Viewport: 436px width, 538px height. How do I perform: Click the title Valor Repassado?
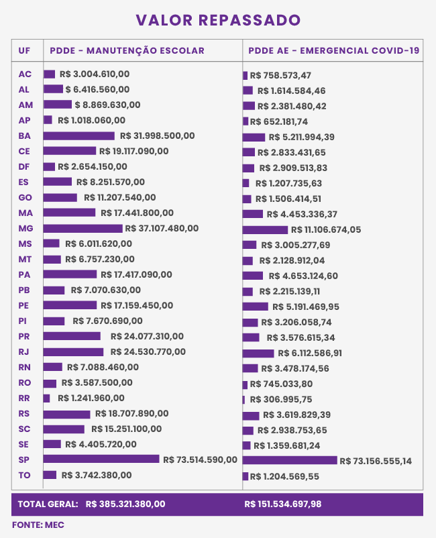[218, 20]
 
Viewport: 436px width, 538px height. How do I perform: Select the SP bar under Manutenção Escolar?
[101, 460]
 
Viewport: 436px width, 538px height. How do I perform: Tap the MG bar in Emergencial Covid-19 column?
[265, 229]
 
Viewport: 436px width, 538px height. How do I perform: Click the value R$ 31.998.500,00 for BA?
[157, 136]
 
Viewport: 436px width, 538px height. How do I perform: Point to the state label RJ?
[24, 352]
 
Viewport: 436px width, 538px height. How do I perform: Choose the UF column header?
[24, 50]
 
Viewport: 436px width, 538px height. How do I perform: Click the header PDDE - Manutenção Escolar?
[127, 50]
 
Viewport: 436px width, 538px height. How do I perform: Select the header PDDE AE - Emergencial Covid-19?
[333, 50]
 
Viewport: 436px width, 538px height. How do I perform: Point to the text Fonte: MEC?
[38, 525]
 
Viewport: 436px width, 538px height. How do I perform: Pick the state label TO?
[24, 475]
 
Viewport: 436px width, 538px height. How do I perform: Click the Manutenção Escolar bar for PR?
[72, 336]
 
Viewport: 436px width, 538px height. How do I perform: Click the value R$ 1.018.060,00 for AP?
[92, 120]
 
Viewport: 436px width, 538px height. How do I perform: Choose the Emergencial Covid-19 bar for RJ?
[258, 353]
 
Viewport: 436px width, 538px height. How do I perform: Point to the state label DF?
[24, 166]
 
